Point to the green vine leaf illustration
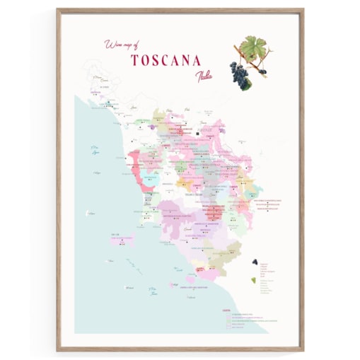[251, 49]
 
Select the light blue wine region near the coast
[151, 171]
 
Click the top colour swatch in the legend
[227, 313]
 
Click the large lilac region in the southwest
[173, 219]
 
